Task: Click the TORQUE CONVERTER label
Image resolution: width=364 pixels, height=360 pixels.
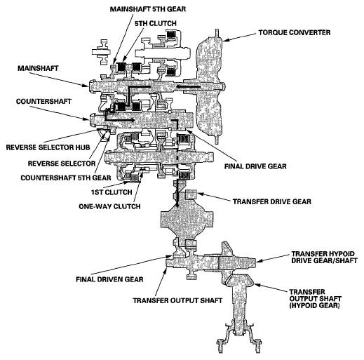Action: click(x=295, y=32)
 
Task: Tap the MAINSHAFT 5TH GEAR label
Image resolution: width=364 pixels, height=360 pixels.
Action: click(x=148, y=9)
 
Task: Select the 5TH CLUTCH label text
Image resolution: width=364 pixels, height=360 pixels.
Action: click(x=156, y=23)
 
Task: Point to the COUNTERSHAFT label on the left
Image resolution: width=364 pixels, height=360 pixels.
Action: click(x=43, y=102)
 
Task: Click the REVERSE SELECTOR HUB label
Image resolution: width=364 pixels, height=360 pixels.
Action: click(x=48, y=147)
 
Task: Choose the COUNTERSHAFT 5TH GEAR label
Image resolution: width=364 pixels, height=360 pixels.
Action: click(x=66, y=178)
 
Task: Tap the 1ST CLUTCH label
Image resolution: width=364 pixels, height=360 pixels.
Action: click(x=112, y=192)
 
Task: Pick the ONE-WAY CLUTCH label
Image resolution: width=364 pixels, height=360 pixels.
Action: click(x=109, y=206)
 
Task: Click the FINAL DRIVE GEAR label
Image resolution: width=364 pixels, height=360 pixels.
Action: click(x=255, y=166)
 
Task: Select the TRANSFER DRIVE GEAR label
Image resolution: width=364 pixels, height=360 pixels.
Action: click(x=272, y=201)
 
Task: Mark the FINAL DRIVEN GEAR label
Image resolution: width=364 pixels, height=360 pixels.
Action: click(x=109, y=279)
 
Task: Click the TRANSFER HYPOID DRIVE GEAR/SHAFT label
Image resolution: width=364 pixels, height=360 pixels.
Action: click(x=324, y=258)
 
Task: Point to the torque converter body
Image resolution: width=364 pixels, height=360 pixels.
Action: click(x=209, y=86)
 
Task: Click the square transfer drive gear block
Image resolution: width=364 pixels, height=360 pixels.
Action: click(x=191, y=194)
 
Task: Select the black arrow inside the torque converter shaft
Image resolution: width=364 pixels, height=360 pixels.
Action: click(x=189, y=87)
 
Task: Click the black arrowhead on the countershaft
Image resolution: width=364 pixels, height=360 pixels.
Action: click(x=133, y=120)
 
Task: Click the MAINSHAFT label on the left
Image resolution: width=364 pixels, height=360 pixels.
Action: click(x=38, y=68)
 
